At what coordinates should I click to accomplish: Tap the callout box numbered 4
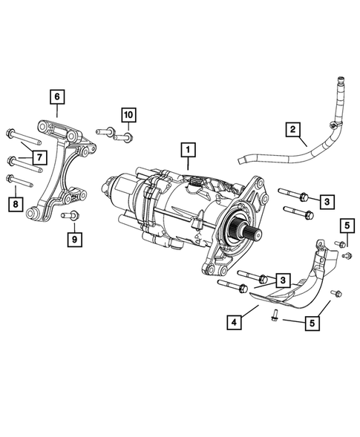[234, 322]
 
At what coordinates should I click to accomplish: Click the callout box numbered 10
[128, 114]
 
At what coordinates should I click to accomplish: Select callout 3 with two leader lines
[282, 280]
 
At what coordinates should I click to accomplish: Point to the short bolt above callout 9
[73, 215]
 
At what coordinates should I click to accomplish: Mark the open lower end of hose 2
[241, 159]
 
